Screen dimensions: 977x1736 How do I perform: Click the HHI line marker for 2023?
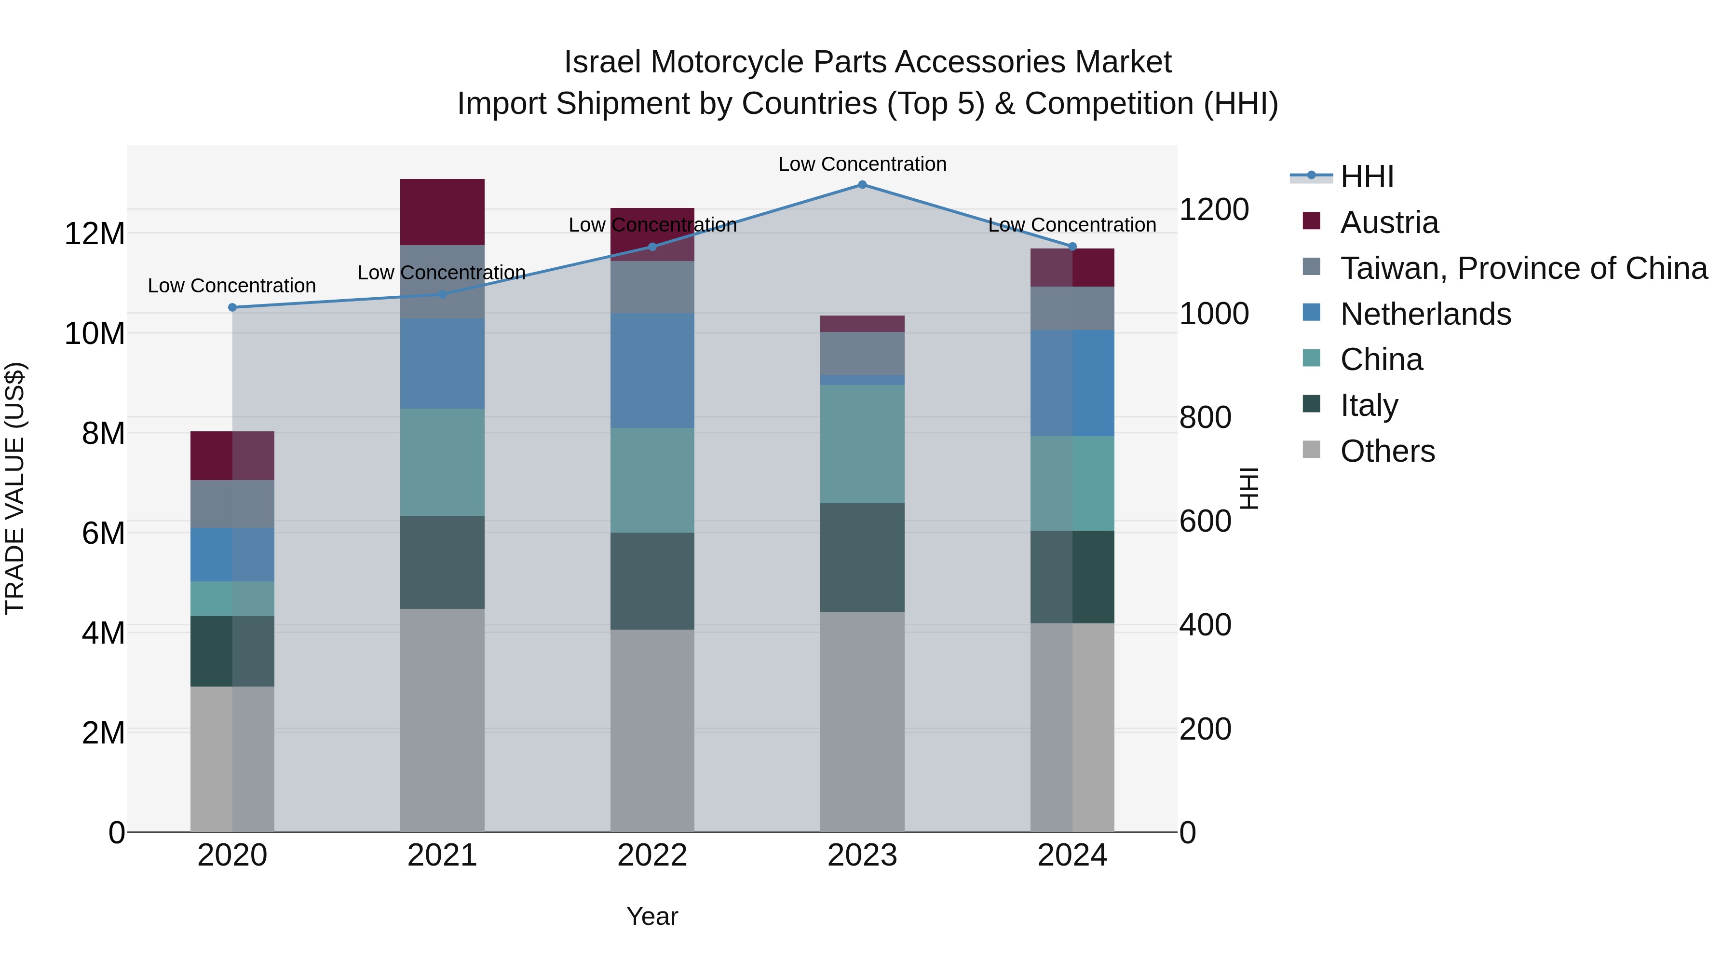(862, 184)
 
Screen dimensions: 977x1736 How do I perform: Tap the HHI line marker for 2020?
(232, 307)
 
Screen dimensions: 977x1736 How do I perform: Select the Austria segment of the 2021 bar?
(442, 212)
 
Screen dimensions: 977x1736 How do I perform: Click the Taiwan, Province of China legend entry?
(1523, 268)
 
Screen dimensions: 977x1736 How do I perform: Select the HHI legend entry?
(1367, 177)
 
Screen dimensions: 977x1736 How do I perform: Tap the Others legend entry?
(1387, 451)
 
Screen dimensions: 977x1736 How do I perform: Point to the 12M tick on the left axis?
(95, 234)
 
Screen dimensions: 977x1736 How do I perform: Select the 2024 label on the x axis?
(1071, 855)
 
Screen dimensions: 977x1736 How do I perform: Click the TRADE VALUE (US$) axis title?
(15, 488)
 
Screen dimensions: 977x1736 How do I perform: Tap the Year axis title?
(651, 916)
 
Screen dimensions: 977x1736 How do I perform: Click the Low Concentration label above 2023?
(862, 164)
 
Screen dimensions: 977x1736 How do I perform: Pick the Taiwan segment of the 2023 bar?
(862, 353)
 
